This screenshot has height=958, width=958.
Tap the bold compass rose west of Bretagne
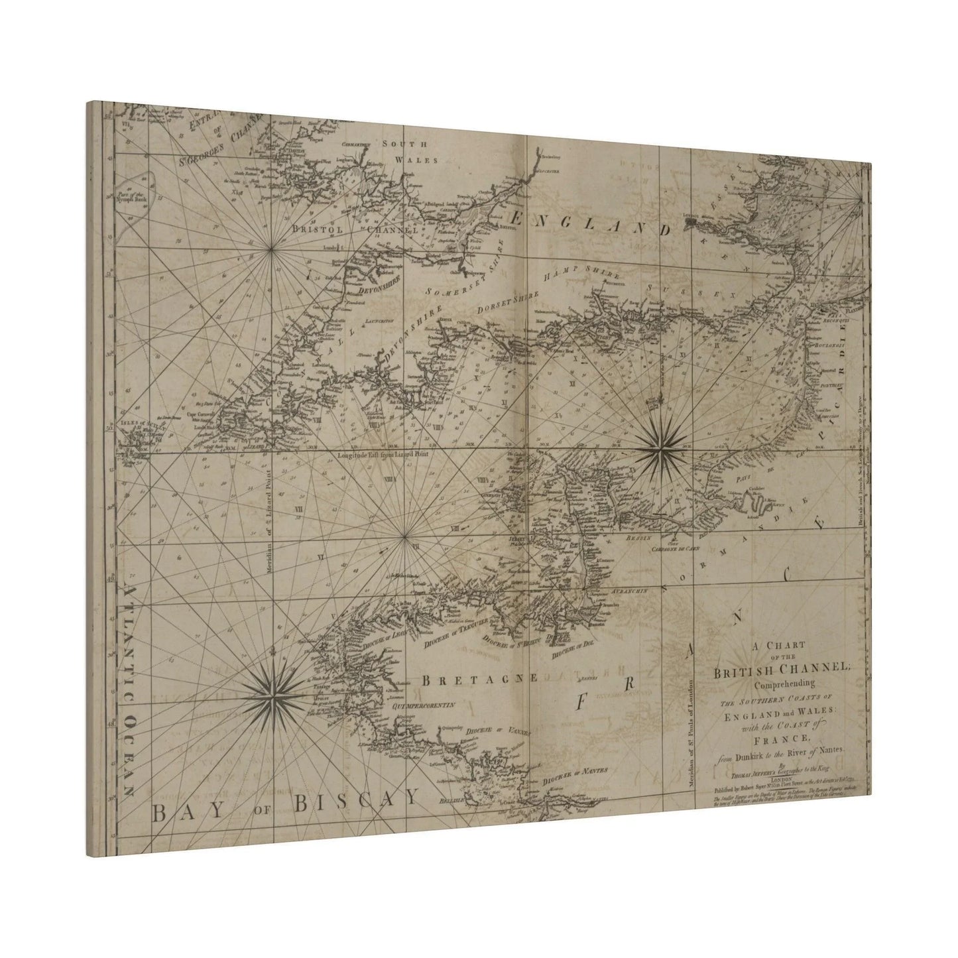(x=270, y=695)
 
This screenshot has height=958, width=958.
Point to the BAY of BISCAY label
(x=285, y=804)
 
